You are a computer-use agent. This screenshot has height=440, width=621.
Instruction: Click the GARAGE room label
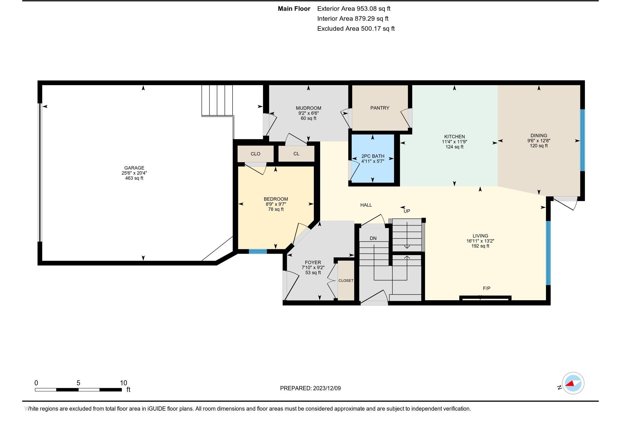pyautogui.click(x=134, y=168)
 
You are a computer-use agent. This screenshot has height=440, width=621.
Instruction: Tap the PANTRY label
pyautogui.click(x=380, y=108)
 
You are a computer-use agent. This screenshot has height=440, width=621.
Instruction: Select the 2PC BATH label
pyautogui.click(x=373, y=156)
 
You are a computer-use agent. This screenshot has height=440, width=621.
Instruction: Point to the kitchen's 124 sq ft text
pyautogui.click(x=454, y=147)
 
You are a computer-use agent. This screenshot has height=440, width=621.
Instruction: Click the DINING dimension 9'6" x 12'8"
pyautogui.click(x=539, y=141)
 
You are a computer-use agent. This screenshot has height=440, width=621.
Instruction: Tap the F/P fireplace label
pyautogui.click(x=487, y=288)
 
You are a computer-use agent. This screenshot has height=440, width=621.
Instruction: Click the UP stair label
pyautogui.click(x=407, y=211)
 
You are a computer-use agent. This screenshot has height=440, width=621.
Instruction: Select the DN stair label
pyautogui.click(x=373, y=238)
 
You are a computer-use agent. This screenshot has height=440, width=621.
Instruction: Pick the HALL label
pyautogui.click(x=366, y=205)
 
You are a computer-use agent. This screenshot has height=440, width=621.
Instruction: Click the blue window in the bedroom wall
pyautogui.click(x=258, y=251)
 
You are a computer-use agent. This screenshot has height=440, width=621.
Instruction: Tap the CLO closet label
pyautogui.click(x=255, y=154)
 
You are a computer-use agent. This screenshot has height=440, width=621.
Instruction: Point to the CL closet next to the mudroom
pyautogui.click(x=296, y=154)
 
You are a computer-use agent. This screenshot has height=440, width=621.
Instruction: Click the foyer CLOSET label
pyautogui.click(x=346, y=281)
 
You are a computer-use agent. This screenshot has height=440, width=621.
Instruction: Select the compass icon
pyautogui.click(x=573, y=383)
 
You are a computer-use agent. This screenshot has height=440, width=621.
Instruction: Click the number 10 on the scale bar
pyautogui.click(x=123, y=383)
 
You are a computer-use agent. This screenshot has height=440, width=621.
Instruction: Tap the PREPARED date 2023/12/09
pyautogui.click(x=327, y=388)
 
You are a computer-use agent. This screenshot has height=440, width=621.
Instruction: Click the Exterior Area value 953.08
pyautogui.click(x=367, y=9)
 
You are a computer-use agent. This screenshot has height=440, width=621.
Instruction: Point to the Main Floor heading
pyautogui.click(x=294, y=9)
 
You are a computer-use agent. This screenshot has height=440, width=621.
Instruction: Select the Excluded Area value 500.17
pyautogui.click(x=371, y=29)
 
